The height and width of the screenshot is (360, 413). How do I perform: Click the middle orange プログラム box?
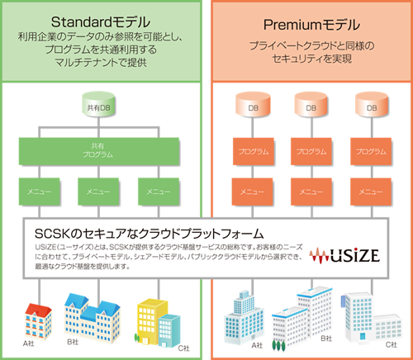[308, 153]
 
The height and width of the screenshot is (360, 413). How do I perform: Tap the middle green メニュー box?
[100, 192]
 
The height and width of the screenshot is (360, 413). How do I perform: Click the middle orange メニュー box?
[308, 192]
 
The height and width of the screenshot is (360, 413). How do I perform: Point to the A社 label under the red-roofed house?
[31, 342]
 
